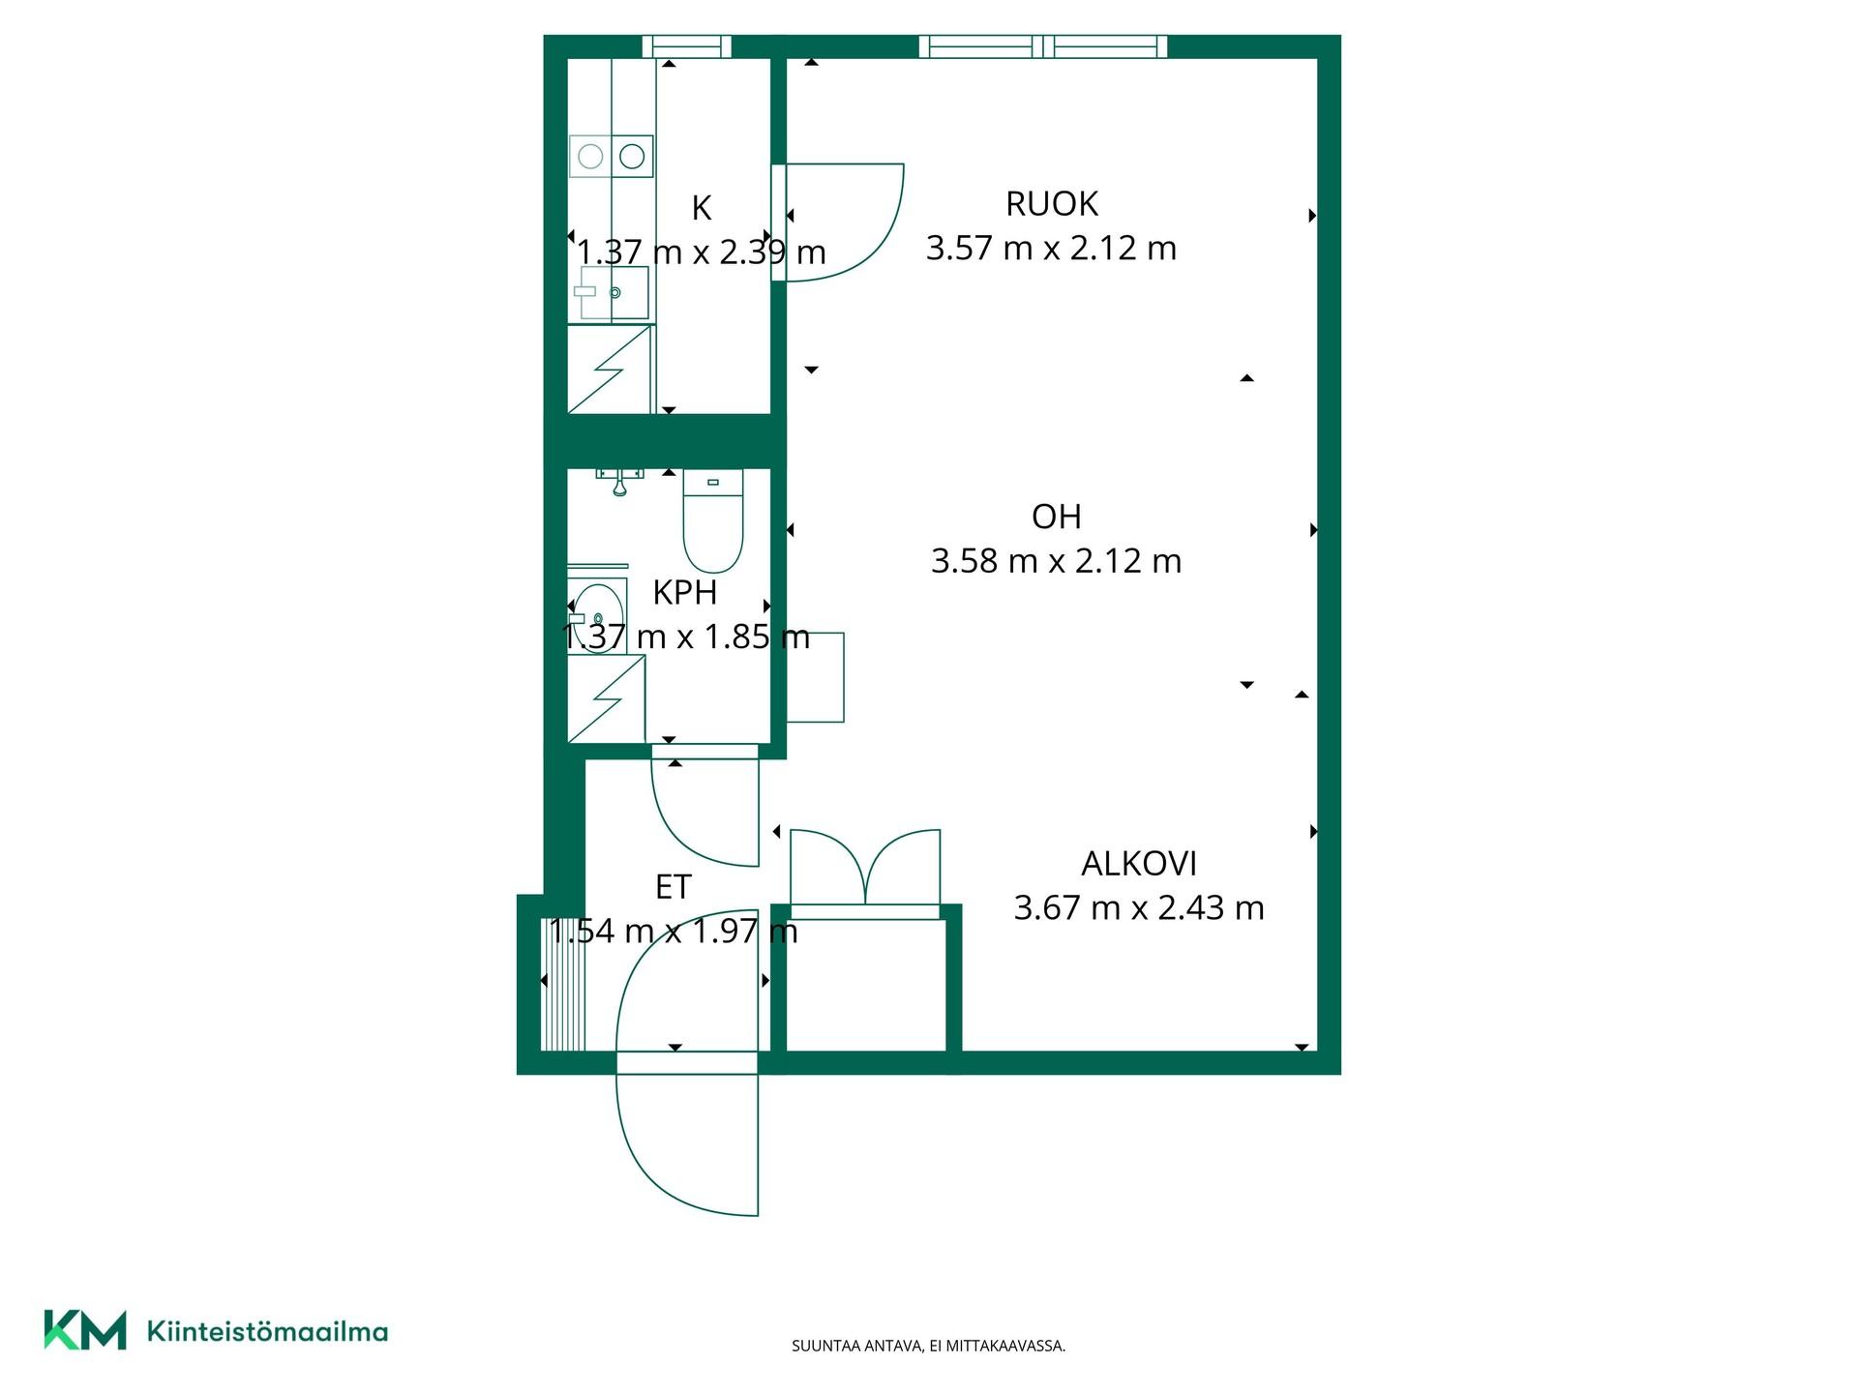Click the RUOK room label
1052,204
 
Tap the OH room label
1056,517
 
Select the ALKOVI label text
1139,863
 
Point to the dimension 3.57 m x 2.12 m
1051,248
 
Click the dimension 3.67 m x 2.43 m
1139,907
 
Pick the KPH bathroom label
685,592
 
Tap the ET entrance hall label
674,886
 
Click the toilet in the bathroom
713,520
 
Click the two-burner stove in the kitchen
612,156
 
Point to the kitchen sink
614,292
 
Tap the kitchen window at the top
687,46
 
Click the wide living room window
1043,46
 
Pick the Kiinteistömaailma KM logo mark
85,1330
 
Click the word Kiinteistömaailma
267,1331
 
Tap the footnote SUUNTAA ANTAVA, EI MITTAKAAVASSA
929,1346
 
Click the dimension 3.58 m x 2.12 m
1056,561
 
